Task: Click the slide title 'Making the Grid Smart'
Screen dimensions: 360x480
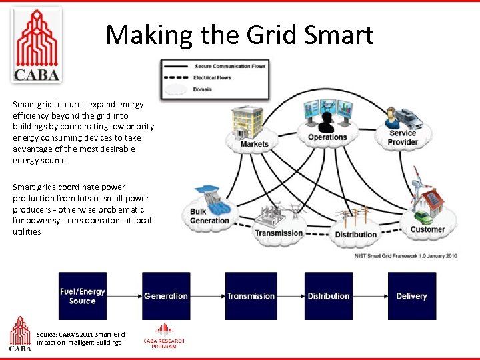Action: pos(239,35)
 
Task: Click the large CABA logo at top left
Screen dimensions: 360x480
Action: pos(37,45)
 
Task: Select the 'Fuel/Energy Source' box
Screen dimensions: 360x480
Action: pos(83,296)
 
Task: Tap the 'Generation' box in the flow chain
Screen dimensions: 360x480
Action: pos(166,296)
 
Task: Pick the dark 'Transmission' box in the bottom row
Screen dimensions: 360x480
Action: pos(251,296)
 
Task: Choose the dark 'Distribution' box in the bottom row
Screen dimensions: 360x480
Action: pos(329,296)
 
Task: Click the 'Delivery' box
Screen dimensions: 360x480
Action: pos(411,296)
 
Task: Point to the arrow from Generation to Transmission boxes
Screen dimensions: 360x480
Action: pos(207,296)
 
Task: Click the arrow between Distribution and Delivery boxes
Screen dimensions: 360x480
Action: pos(369,296)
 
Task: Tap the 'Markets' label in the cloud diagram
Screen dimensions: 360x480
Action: pos(254,144)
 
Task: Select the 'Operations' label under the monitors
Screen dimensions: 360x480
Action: pos(327,138)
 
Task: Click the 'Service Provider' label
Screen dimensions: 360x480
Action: pos(403,137)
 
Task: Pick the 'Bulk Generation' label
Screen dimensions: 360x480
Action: pos(209,216)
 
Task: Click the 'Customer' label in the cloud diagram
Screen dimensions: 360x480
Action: pos(427,230)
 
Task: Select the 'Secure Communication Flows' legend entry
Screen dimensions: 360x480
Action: pos(230,66)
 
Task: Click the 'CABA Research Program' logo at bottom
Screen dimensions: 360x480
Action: pos(164,336)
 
